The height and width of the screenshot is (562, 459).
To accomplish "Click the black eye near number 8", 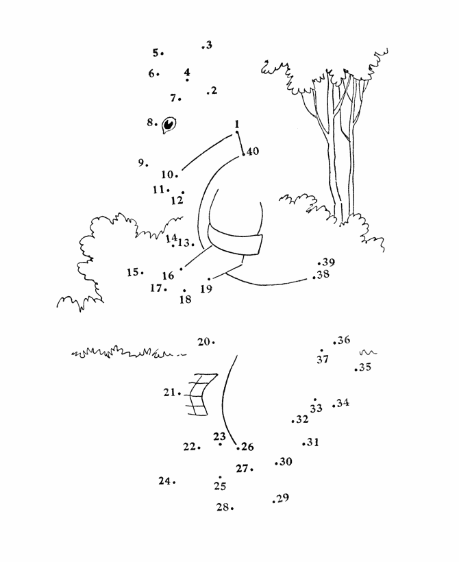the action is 169,125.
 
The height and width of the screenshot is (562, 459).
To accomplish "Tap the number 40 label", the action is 253,151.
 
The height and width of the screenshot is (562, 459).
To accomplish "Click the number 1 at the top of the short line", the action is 236,124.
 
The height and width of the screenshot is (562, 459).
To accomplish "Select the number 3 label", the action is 208,45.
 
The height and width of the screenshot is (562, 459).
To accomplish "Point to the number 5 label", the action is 156,53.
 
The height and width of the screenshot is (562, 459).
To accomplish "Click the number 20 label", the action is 204,342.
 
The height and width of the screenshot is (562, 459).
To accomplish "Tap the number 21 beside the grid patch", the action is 169,393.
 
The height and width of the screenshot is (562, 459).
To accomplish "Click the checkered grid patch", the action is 200,394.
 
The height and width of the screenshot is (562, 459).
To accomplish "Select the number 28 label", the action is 223,507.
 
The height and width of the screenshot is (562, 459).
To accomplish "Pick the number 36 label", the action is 344,340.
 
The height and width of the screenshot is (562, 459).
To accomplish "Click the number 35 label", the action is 365,367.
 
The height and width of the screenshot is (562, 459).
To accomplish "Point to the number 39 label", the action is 328,262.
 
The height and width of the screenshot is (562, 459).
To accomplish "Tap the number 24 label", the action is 165,480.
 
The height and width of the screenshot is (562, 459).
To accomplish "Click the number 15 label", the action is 133,272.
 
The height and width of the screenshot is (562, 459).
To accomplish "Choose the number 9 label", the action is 141,162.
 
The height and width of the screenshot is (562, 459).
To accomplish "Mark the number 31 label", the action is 313,442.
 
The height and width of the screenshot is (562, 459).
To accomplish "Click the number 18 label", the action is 185,300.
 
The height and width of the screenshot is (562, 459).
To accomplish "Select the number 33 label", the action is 316,408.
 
